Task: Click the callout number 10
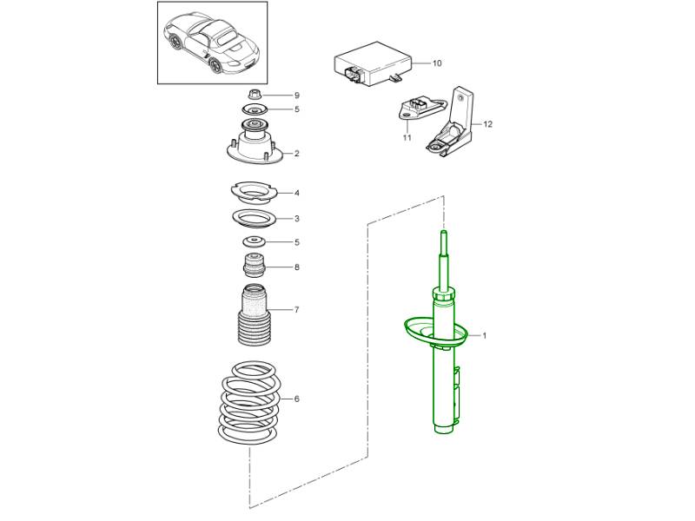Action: [x=437, y=63]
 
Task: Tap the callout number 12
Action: [x=487, y=124]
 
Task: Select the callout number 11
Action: [x=407, y=138]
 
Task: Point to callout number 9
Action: [x=297, y=96]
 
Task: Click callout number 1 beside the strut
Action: [x=485, y=336]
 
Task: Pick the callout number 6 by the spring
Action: [x=296, y=399]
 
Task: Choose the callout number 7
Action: [x=296, y=310]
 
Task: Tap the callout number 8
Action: [x=296, y=267]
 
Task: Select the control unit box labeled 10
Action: [x=373, y=63]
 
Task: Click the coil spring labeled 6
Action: [x=249, y=402]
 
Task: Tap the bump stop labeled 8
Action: [x=255, y=265]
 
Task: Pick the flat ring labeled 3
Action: [x=255, y=219]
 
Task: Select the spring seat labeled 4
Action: [x=254, y=193]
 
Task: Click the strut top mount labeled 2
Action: [x=255, y=142]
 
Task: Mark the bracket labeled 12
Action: [x=451, y=123]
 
